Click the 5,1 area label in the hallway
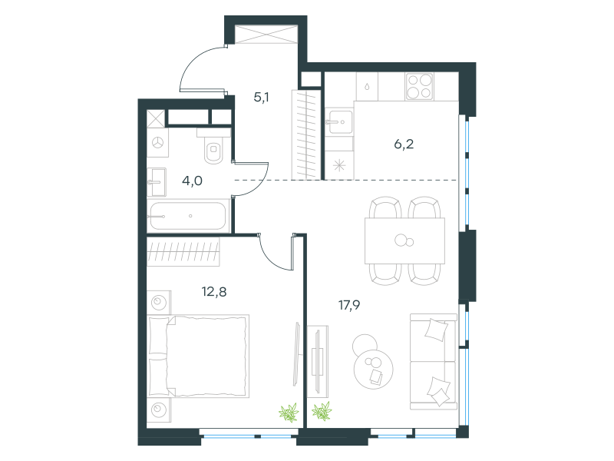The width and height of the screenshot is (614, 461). pos(261,97)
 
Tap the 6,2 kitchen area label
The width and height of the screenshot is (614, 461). pos(404,144)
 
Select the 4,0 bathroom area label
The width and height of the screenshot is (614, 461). pos(193,181)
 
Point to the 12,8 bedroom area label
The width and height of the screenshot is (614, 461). pos(214,292)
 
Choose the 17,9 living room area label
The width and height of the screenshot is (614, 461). pos(349,305)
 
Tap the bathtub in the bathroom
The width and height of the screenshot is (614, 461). pos(188,216)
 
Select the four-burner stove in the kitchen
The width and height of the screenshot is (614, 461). pos(419,86)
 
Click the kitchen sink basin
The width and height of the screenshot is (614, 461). pos(338,122)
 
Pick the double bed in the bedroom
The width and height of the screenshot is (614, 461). pos(199,356)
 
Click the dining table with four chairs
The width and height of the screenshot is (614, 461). pos(404,240)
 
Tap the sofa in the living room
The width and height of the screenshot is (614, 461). pos(434,361)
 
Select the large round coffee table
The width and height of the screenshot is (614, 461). pos(373,369)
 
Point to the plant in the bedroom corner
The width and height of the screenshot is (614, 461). pos(289,413)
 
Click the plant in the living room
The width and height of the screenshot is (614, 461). pos(322,411)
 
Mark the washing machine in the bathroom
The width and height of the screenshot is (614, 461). pos(158,143)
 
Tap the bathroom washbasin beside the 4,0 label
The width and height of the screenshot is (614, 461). pos(157,182)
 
